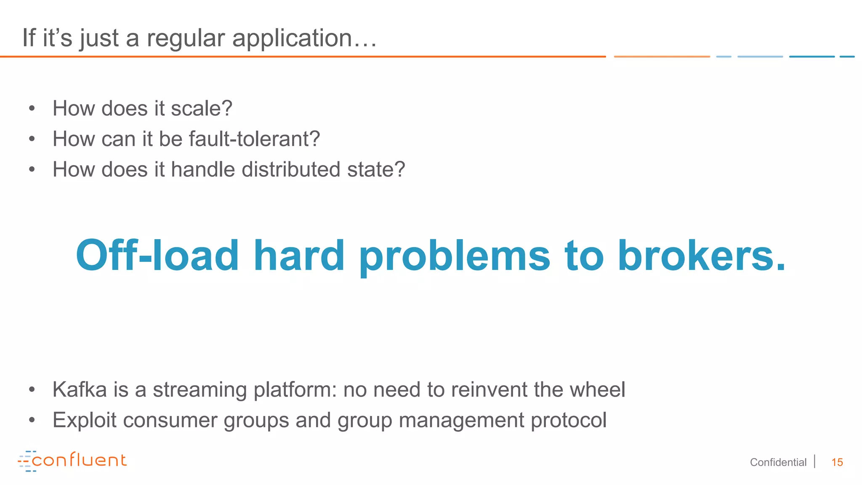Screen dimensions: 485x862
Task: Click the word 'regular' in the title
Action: (x=185, y=39)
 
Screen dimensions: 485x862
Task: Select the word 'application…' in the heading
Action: (x=304, y=39)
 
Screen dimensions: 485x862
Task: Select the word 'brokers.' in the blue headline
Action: (x=701, y=255)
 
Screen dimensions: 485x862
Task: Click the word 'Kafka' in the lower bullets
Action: (x=80, y=389)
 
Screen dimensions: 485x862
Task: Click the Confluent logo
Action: (x=72, y=461)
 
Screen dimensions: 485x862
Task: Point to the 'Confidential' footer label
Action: (x=778, y=462)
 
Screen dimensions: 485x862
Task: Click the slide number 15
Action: (x=837, y=462)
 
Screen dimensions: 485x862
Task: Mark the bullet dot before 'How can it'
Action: (x=32, y=139)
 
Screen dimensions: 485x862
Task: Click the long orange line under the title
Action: (x=303, y=56)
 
